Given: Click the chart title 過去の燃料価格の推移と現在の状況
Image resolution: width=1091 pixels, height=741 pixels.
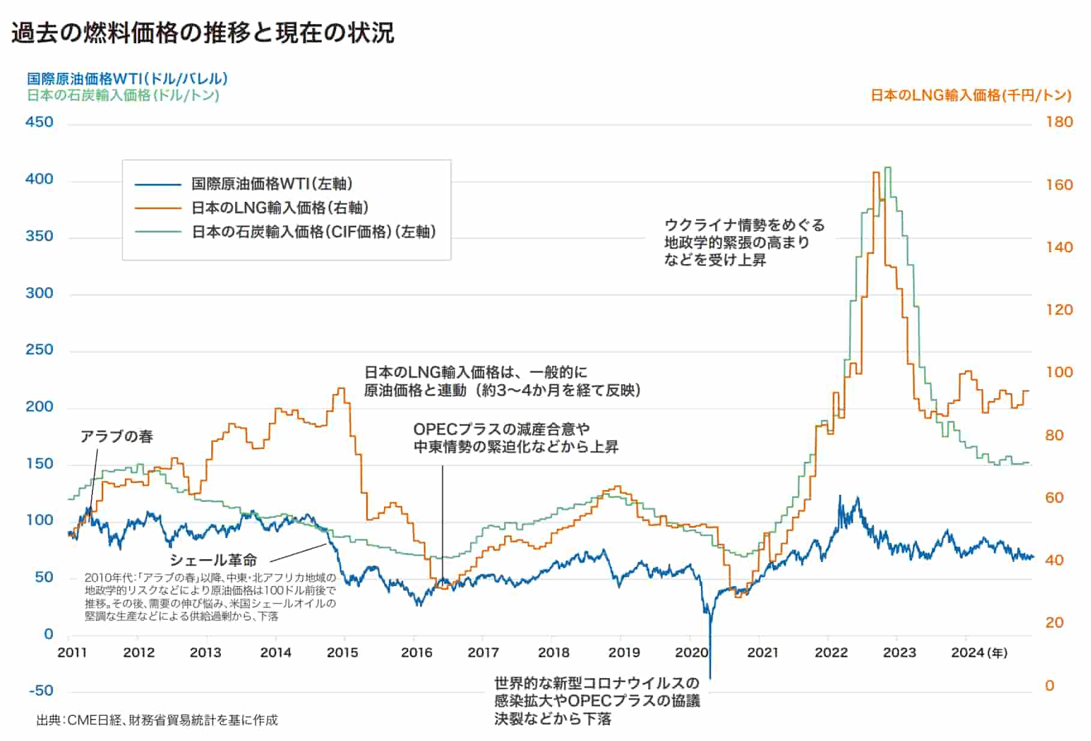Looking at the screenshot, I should pyautogui.click(x=203, y=33).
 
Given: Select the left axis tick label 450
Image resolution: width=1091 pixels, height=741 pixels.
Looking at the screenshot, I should pyautogui.click(x=40, y=122).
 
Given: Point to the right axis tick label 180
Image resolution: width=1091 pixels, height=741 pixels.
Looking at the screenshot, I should pyautogui.click(x=1059, y=122).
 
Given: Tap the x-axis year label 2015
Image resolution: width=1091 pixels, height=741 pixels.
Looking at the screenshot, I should pyautogui.click(x=342, y=652).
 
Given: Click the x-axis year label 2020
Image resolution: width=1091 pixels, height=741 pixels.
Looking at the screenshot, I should pyautogui.click(x=691, y=652).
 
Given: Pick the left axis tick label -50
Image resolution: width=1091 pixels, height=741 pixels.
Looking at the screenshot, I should pyautogui.click(x=41, y=691).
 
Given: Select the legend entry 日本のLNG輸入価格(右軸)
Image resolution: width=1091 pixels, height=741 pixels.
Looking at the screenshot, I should pyautogui.click(x=280, y=208).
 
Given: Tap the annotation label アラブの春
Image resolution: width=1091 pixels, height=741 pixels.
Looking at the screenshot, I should pyautogui.click(x=117, y=437).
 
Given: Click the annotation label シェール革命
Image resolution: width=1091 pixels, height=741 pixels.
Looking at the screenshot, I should pyautogui.click(x=214, y=560).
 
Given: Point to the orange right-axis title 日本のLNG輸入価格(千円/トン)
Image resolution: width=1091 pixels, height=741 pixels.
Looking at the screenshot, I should pyautogui.click(x=970, y=95).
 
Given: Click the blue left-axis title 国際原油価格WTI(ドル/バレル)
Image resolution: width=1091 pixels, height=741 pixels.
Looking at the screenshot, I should pyautogui.click(x=127, y=79).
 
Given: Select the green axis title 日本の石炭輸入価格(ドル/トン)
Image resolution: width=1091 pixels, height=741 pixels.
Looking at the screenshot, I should pyautogui.click(x=123, y=95).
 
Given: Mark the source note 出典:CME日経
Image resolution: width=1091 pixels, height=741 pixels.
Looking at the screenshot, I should pyautogui.click(x=157, y=720).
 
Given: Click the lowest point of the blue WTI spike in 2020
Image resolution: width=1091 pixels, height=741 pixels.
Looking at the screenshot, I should pyautogui.click(x=710, y=679).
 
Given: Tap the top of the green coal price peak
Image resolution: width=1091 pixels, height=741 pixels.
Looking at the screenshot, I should pyautogui.click(x=888, y=168).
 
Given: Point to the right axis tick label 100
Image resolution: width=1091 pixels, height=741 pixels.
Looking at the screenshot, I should pyautogui.click(x=1059, y=372).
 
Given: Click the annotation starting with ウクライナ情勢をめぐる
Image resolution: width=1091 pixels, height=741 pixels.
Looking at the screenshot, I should pyautogui.click(x=744, y=243).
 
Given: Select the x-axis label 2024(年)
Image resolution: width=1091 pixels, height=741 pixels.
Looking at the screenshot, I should pyautogui.click(x=979, y=652).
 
